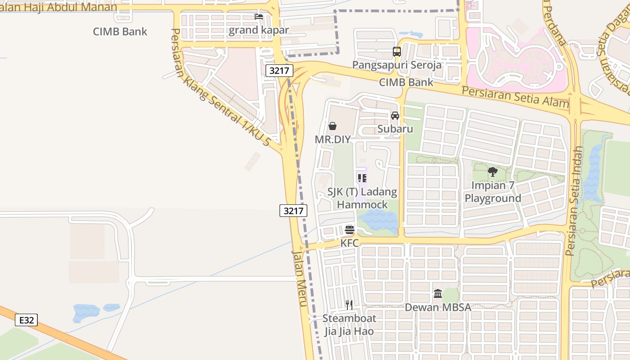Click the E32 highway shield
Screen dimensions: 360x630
point(26,320)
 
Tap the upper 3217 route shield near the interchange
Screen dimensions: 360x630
point(279,71)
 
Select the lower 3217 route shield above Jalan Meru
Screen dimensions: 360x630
point(293,211)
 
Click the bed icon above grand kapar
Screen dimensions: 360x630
point(259,17)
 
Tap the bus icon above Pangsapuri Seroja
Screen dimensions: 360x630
point(396,52)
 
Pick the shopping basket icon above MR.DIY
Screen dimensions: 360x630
point(333,126)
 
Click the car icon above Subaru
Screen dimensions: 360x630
point(395,116)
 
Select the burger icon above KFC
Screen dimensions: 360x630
point(350,230)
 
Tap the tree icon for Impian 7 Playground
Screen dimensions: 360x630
point(493,171)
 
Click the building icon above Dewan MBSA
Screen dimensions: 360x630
point(438,294)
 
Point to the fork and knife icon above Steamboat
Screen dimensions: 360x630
point(349,305)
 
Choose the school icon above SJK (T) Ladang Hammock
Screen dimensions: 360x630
point(362,178)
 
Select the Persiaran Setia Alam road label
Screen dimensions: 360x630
point(515,96)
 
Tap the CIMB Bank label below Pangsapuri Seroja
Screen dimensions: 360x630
point(406,82)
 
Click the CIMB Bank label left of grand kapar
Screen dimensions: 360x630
point(120,31)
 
